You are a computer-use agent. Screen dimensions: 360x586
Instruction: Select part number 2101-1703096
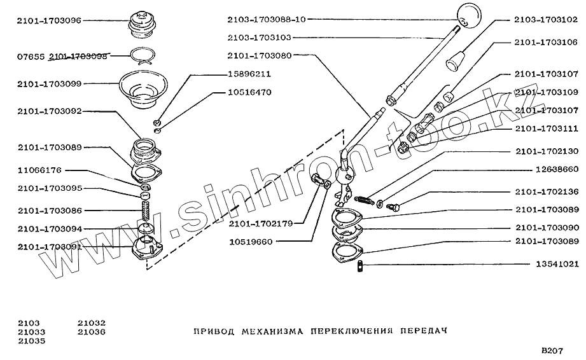50,20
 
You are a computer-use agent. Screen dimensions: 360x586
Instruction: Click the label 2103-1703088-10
267,19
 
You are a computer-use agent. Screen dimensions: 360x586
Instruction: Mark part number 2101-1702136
547,192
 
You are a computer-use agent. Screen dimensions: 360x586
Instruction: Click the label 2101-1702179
262,223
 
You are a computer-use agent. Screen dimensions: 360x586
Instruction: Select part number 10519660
251,242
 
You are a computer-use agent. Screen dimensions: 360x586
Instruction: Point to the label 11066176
39,170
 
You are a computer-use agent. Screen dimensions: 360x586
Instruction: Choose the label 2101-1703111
547,128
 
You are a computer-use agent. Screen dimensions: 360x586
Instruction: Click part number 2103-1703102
546,19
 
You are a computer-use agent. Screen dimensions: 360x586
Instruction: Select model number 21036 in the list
92,331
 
